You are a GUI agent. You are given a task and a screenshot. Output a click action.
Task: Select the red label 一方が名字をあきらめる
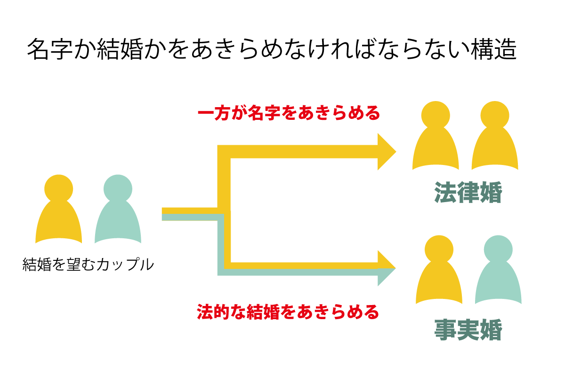coord(288,113)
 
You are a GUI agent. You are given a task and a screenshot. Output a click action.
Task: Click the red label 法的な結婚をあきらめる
coord(288,312)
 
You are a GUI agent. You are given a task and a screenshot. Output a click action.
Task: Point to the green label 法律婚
coord(468,192)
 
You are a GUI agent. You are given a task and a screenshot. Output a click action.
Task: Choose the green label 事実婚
coord(468,330)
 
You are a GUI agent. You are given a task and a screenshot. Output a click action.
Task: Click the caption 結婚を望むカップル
coord(89,264)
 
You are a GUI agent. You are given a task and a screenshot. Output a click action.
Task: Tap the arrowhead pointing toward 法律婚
coord(387,151)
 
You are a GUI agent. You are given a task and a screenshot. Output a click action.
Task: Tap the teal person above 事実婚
coord(498,277)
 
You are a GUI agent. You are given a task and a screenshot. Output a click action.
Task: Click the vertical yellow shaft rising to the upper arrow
coord(224,179)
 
